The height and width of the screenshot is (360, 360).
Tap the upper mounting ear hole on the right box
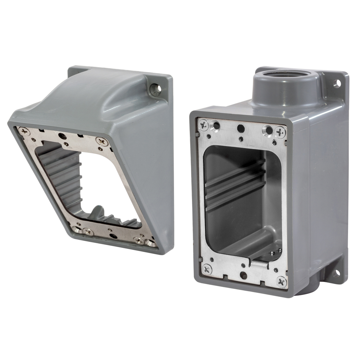pyautogui.click(x=337, y=83)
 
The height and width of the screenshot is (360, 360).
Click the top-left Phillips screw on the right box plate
pyautogui.click(x=204, y=124)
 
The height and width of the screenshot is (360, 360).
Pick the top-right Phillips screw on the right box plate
pyautogui.click(x=280, y=132)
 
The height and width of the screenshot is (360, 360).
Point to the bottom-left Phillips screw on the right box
pyautogui.click(x=207, y=269)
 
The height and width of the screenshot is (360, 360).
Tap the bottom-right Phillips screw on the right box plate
pyautogui.click(x=281, y=281)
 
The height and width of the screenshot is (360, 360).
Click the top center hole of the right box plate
pyautogui.click(x=241, y=128)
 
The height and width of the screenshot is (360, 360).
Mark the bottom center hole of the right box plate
pyautogui.click(x=243, y=275)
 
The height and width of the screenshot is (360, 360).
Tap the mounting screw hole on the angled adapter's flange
pyautogui.click(x=155, y=90)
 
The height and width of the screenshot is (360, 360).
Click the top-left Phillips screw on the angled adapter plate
pyautogui.click(x=24, y=131)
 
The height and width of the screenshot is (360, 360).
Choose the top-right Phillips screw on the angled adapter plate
pyautogui.click(x=102, y=141)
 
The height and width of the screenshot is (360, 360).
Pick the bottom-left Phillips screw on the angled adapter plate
pyautogui.click(x=88, y=232)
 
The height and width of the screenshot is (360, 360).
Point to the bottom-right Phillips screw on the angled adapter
pyautogui.click(x=139, y=240)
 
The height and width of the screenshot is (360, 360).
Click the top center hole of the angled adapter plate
pyautogui.click(x=62, y=136)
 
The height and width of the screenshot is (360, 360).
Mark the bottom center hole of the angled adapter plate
pyautogui.click(x=113, y=236)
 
